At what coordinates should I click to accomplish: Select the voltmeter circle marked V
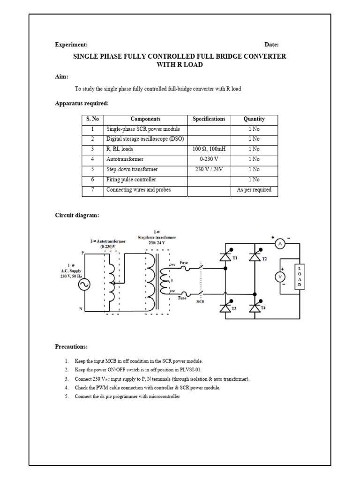point(280,277)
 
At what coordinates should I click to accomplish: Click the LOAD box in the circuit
point(300,276)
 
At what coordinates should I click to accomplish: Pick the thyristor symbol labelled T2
point(255,256)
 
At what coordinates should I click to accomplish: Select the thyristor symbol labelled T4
point(255,308)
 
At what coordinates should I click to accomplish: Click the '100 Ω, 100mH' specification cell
point(209,149)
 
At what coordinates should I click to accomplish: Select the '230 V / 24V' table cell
point(209,169)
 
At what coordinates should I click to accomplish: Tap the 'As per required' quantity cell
point(254,190)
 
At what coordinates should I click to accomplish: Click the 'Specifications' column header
point(209,119)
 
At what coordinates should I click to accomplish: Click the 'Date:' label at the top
point(271,45)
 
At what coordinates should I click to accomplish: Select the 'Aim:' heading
point(62,76)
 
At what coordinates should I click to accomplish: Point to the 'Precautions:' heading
point(71,347)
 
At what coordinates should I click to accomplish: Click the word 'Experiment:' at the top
point(71,45)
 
